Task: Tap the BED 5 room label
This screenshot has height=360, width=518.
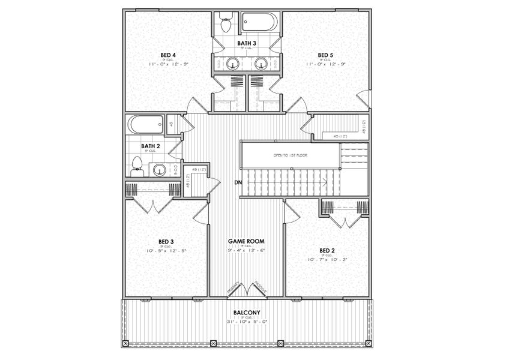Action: pyautogui.click(x=325, y=55)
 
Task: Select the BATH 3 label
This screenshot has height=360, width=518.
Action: pyautogui.click(x=246, y=43)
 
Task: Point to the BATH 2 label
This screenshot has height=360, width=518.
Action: pyautogui.click(x=150, y=146)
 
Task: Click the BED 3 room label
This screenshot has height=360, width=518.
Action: pyautogui.click(x=166, y=242)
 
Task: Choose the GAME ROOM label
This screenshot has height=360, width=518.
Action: pyautogui.click(x=246, y=241)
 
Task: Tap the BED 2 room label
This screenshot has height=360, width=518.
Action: pyautogui.click(x=327, y=250)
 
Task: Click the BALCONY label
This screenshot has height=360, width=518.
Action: pyautogui.click(x=247, y=313)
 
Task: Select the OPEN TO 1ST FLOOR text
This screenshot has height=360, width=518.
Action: pyautogui.click(x=289, y=155)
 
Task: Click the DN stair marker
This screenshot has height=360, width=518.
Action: pyautogui.click(x=238, y=182)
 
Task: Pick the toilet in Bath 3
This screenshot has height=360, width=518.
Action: pyautogui.click(x=226, y=23)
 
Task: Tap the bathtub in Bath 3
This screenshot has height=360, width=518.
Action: pyautogui.click(x=260, y=22)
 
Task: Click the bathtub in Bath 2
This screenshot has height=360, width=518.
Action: pyautogui.click(x=145, y=125)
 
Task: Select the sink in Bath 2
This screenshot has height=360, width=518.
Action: pyautogui.click(x=158, y=170)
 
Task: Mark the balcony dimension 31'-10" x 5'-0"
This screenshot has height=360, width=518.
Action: pyautogui.click(x=247, y=321)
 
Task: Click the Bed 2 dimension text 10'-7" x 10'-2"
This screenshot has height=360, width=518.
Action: pyautogui.click(x=327, y=259)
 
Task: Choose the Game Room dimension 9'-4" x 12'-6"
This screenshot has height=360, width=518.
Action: pyautogui.click(x=246, y=250)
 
